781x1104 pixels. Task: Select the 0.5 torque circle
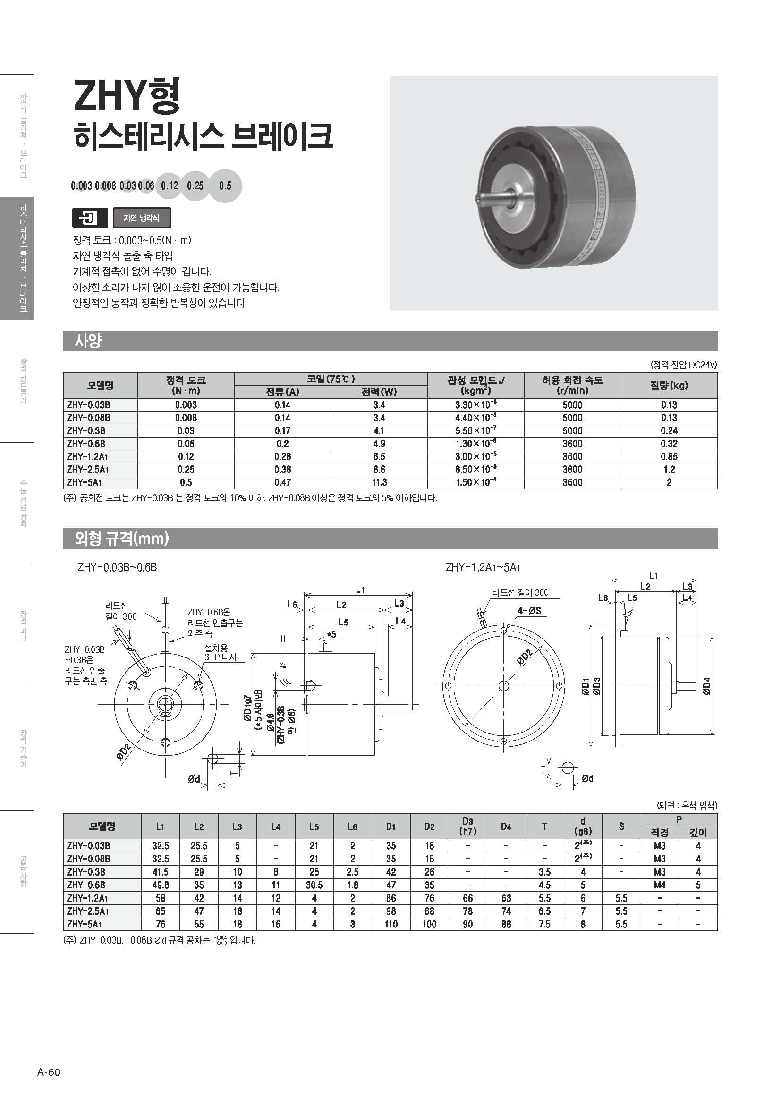pos(225,185)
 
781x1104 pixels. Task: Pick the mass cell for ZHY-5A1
pos(669,482)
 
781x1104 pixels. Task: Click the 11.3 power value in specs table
pos(379,482)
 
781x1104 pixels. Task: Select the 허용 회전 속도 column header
pos(572,385)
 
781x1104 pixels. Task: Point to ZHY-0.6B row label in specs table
pos(86,443)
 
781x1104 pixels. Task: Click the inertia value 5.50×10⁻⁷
pos(475,430)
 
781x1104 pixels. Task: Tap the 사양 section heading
pos(88,341)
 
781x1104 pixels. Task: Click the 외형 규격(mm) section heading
pos(122,539)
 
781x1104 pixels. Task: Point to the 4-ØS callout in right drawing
pos(529,611)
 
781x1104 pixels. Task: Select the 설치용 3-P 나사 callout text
pos(220,652)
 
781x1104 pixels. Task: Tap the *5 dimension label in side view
pos(331,635)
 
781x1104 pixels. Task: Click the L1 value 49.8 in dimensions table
pos(160,885)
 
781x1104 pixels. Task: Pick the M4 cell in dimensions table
pos(659,885)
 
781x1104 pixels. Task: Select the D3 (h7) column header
pos(467,826)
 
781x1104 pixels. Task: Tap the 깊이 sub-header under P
pos(698,832)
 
